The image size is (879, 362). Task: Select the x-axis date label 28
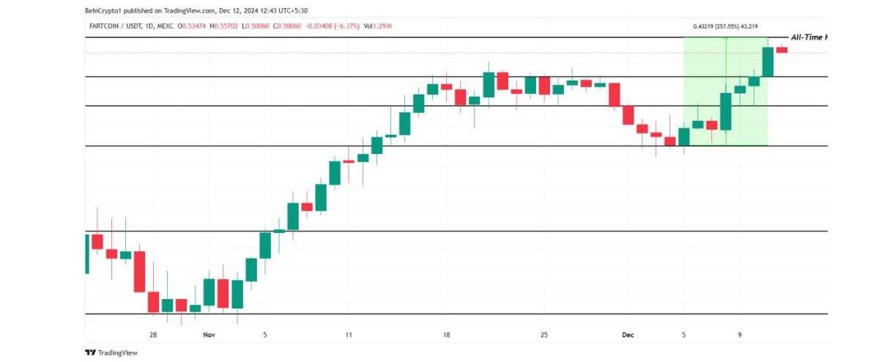[x=153, y=335]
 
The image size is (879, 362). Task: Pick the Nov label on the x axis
[x=209, y=335]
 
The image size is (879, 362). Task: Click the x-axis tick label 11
[x=348, y=335]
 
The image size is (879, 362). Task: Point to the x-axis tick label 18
[x=446, y=335]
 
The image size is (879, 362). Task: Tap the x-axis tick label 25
[x=544, y=335]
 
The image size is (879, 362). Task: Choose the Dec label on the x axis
[x=628, y=335]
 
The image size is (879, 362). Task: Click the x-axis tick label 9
[x=740, y=335]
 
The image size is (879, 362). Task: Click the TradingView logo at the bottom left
[x=111, y=352]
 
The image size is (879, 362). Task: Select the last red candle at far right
[x=782, y=49]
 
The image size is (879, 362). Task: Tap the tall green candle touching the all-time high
[x=768, y=62]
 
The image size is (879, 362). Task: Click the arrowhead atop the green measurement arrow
[x=726, y=40]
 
